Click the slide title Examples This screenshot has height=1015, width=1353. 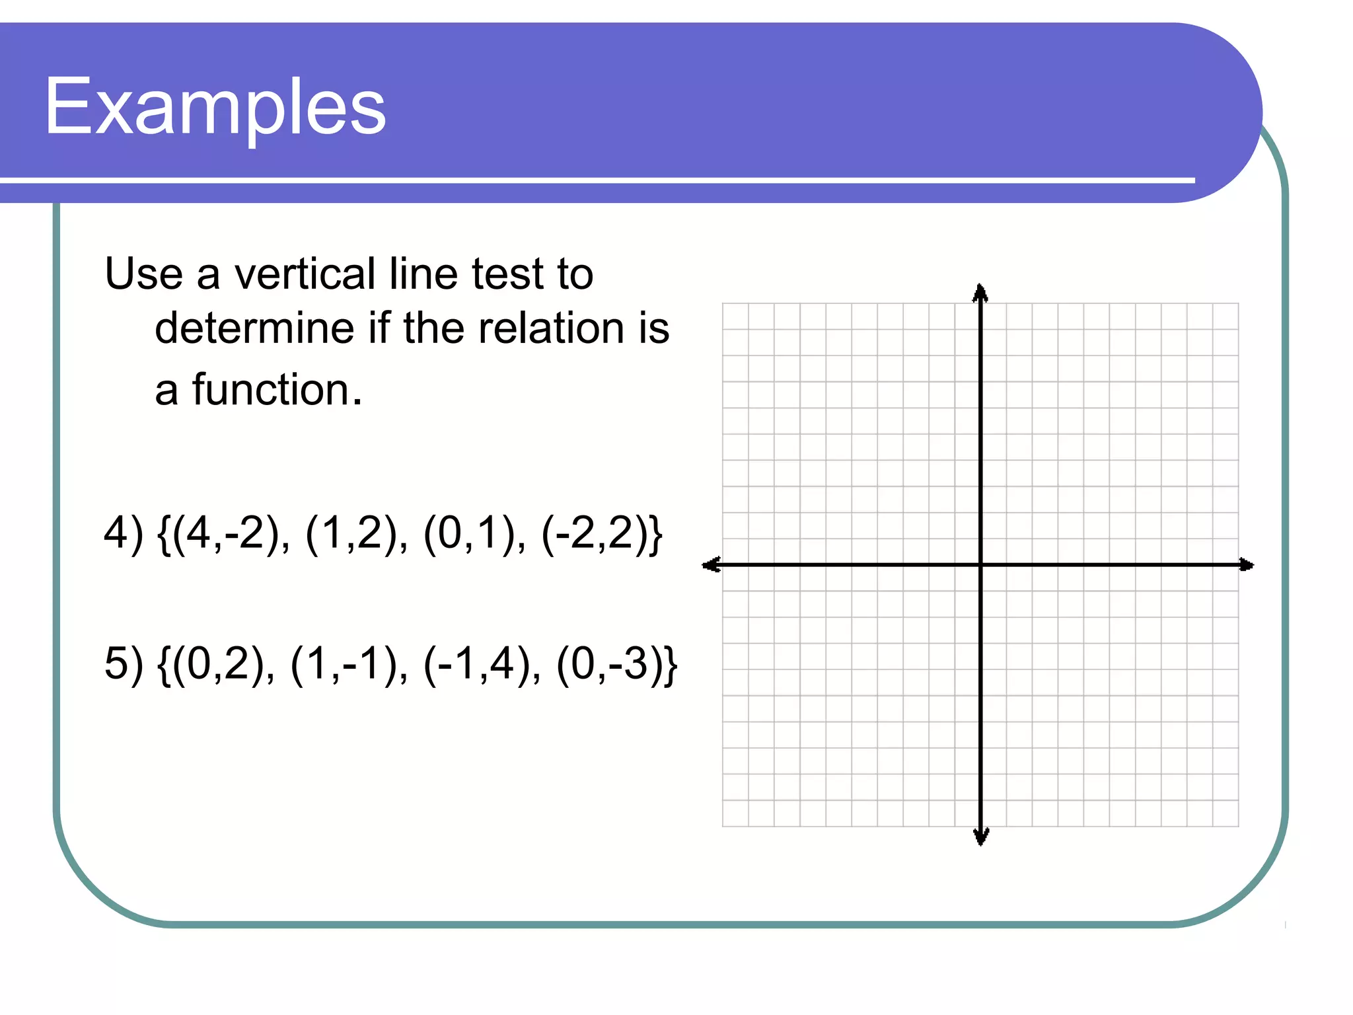pos(215,107)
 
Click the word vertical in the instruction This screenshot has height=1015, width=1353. pos(305,274)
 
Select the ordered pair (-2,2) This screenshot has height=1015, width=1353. pos(597,533)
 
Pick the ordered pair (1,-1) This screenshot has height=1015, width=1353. pos(349,664)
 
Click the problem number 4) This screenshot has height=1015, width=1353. pos(124,533)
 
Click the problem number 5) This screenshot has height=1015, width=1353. pos(124,664)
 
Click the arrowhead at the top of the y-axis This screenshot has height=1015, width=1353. pos(980,293)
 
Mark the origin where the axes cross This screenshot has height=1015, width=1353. pos(981,565)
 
